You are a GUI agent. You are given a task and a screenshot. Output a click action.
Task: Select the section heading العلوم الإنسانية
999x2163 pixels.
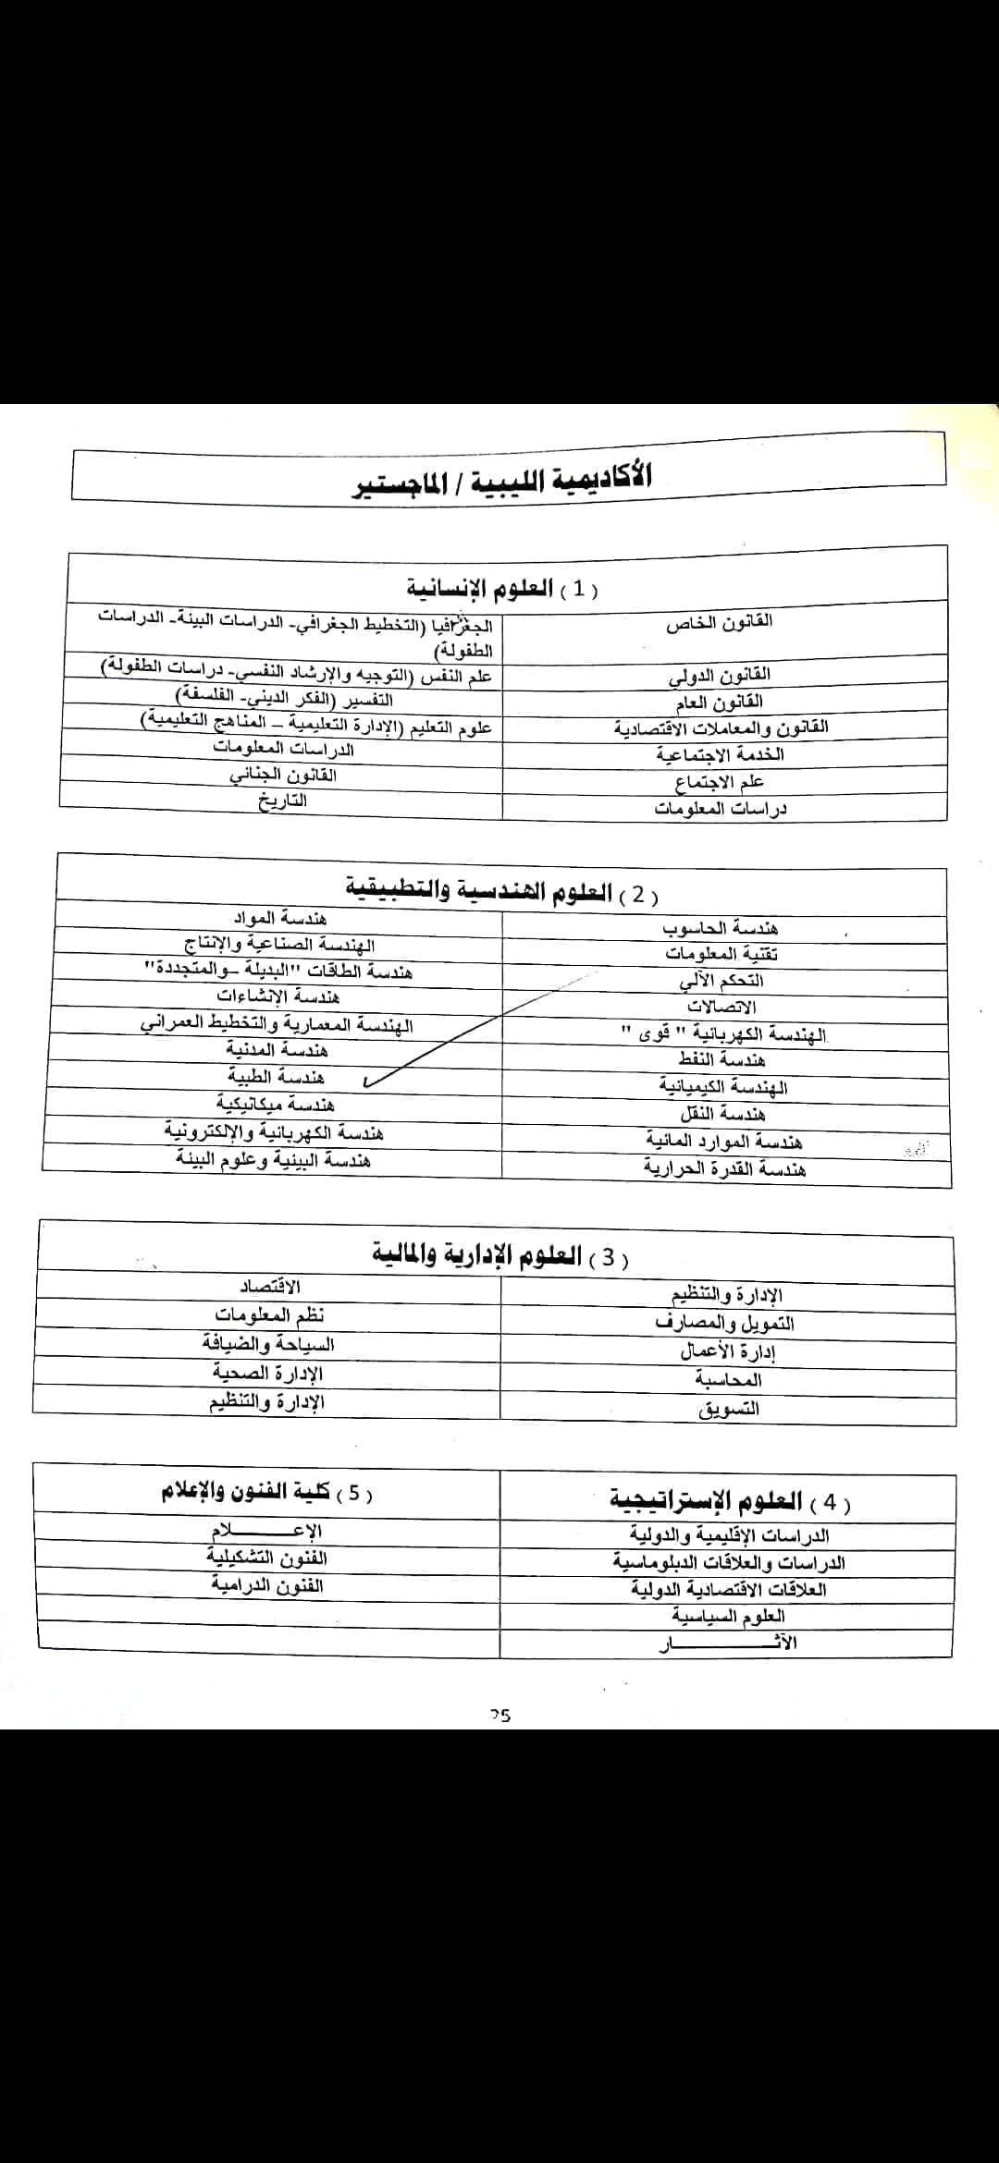tap(502, 588)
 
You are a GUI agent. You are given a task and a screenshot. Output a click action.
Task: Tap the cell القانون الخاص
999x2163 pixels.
tap(719, 621)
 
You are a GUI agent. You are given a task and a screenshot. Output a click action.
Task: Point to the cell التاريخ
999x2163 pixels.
tap(282, 801)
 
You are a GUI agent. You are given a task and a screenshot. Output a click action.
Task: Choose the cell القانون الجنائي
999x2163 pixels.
tap(282, 775)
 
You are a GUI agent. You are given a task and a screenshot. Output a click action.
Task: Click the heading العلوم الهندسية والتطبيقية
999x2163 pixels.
tap(502, 891)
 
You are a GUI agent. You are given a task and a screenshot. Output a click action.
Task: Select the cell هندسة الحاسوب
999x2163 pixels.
tap(721, 927)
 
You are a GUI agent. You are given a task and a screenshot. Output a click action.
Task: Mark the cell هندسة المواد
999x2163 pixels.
tap(279, 918)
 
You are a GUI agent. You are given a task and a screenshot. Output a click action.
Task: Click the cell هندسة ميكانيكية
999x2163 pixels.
tap(276, 1104)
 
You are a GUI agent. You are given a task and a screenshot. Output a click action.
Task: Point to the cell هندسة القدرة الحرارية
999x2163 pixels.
tap(724, 1169)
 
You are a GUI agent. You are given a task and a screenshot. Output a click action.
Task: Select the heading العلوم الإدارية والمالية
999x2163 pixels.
tap(499, 1255)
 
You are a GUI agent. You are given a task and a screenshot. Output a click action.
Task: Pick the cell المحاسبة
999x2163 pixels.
tap(728, 1380)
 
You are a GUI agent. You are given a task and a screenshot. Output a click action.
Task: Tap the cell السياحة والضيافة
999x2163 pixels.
tap(268, 1345)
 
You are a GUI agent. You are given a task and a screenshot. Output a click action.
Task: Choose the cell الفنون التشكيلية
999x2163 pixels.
tap(266, 1558)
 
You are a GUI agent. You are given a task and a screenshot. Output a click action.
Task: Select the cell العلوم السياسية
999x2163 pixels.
tap(728, 1616)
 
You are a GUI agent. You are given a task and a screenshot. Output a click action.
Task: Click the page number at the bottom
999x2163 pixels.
tap(500, 1716)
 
